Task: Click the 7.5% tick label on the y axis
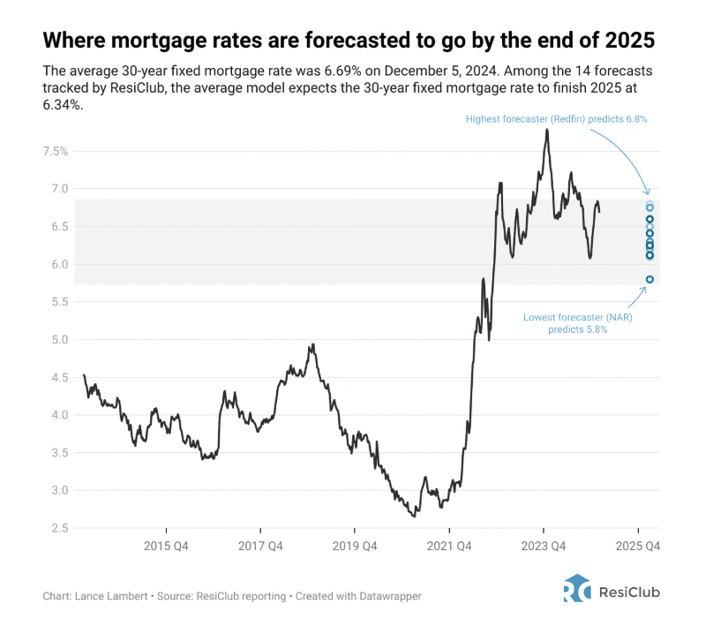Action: click(x=56, y=152)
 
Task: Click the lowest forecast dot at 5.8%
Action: click(x=649, y=280)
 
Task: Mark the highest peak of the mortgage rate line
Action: click(x=547, y=130)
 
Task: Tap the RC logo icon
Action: click(x=577, y=589)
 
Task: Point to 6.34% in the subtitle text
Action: click(x=62, y=104)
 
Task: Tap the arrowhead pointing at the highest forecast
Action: click(x=649, y=193)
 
